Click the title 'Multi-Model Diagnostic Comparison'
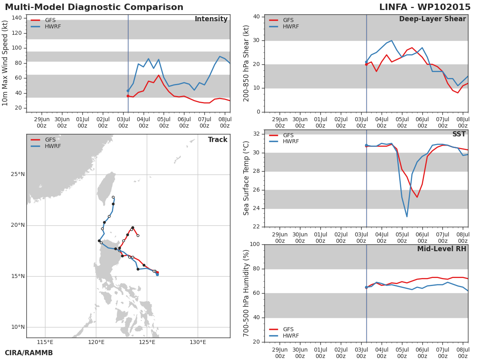(x=94, y=7)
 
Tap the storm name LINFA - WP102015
(x=425, y=7)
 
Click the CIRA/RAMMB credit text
(x=29, y=353)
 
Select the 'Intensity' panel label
(x=211, y=19)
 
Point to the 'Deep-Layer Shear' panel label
(x=432, y=19)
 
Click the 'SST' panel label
(x=459, y=134)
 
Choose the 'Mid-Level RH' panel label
(x=442, y=249)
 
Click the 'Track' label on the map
(x=218, y=140)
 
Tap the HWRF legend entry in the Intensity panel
(x=46, y=26)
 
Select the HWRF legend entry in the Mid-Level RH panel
(x=284, y=336)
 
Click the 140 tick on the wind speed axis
(x=17, y=18)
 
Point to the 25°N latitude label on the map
(x=18, y=174)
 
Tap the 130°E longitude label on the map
(x=198, y=342)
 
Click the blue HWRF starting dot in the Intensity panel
(x=128, y=91)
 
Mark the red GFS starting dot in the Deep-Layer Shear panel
(x=366, y=64)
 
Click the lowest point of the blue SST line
(x=407, y=217)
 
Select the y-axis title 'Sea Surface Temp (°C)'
(x=246, y=178)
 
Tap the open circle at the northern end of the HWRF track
(x=113, y=197)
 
